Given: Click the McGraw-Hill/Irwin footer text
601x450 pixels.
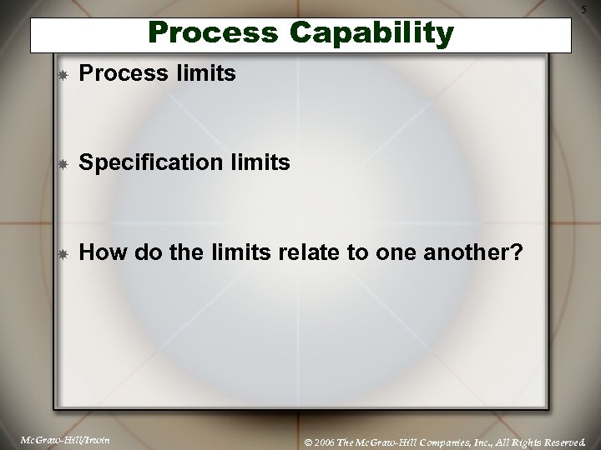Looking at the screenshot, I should click(x=58, y=437).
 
